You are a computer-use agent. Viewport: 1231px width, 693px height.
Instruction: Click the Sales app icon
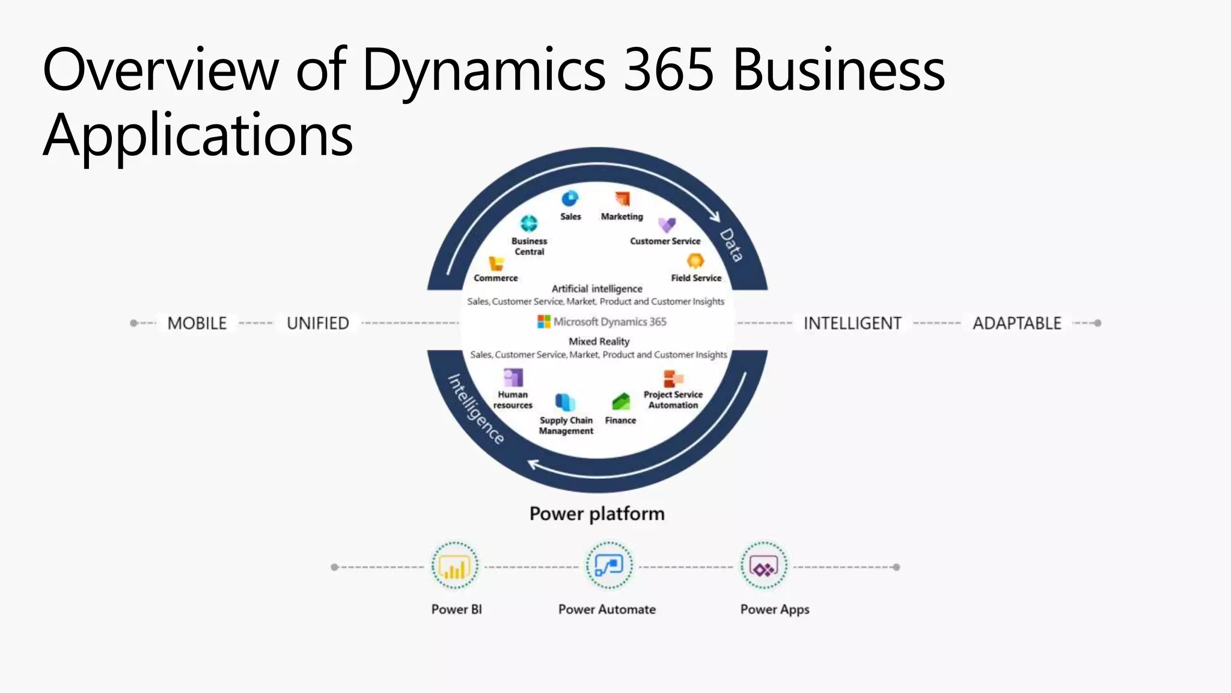(x=570, y=199)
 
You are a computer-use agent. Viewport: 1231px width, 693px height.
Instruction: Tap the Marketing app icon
(x=622, y=199)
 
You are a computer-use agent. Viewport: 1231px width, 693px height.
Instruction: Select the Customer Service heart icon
(x=667, y=225)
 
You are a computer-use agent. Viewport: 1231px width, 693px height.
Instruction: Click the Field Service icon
(x=695, y=261)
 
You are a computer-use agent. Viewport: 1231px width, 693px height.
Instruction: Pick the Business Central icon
(x=529, y=224)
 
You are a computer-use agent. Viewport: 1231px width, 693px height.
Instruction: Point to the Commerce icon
(x=496, y=263)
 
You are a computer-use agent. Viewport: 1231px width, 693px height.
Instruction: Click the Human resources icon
(x=513, y=378)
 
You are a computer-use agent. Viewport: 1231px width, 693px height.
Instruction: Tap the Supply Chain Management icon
(x=565, y=402)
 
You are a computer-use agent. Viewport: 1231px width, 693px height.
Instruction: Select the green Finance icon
(x=621, y=402)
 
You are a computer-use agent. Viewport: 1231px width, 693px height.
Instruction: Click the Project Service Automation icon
(x=673, y=378)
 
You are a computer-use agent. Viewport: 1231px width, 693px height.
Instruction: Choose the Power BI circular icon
(x=455, y=566)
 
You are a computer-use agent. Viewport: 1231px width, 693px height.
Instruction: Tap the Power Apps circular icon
(x=763, y=566)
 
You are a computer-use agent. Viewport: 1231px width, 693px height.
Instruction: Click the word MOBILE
(x=197, y=324)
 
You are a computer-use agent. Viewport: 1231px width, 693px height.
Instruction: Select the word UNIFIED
(x=318, y=324)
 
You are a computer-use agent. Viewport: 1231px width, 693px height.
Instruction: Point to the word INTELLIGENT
(x=852, y=324)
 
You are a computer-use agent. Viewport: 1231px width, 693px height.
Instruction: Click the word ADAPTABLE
(x=1017, y=324)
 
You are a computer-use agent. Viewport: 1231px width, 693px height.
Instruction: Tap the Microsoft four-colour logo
(x=543, y=322)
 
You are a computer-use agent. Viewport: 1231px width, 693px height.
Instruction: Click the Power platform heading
(x=597, y=514)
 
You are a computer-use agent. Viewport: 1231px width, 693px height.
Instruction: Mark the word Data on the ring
(x=732, y=245)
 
